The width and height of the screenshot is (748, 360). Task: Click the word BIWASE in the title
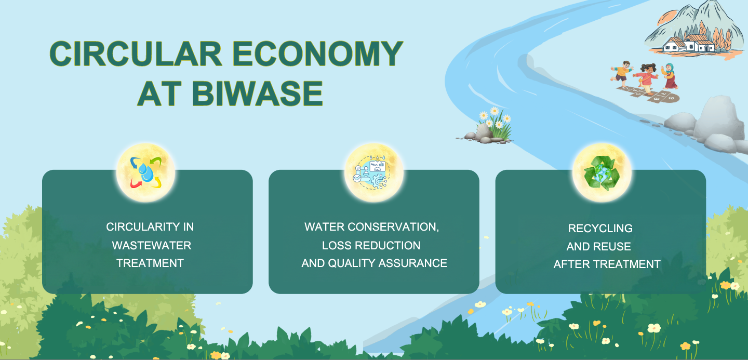tap(257, 93)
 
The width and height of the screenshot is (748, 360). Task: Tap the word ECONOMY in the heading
tap(317, 54)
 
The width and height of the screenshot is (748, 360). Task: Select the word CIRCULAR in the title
tap(136, 54)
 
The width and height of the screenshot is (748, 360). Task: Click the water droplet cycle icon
tap(145, 172)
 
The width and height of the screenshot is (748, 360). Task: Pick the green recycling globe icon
tap(602, 172)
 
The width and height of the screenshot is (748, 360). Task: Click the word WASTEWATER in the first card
tap(152, 245)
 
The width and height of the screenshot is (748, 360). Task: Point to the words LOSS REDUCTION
tap(371, 245)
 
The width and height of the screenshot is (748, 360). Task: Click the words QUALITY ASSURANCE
tap(388, 263)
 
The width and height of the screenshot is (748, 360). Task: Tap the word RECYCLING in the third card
tap(600, 228)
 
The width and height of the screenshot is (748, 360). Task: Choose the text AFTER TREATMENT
tap(607, 264)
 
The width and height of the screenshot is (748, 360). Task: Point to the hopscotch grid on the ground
tap(648, 94)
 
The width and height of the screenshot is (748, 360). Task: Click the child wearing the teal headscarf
tap(669, 76)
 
